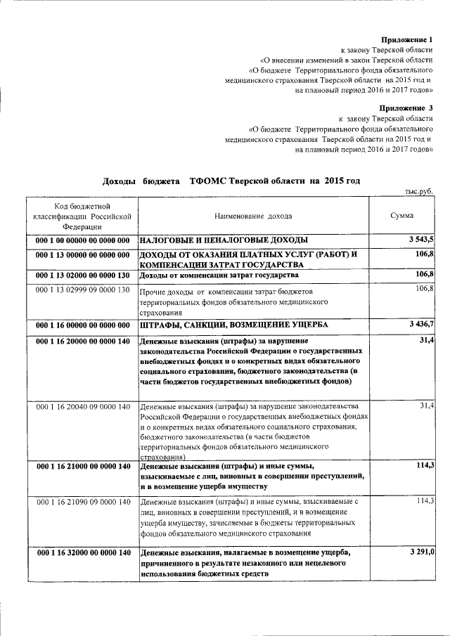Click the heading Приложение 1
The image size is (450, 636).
[407, 40]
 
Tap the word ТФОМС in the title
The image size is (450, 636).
[210, 181]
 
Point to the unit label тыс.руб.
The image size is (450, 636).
[420, 191]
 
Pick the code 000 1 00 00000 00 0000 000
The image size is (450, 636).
[82, 240]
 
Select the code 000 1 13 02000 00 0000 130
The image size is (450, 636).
[82, 275]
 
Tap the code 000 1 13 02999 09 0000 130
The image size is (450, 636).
[82, 290]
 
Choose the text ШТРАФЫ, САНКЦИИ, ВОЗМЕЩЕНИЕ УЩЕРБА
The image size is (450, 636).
[233, 324]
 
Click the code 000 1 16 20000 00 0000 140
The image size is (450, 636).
[82, 340]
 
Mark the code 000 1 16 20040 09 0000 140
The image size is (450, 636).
[82, 407]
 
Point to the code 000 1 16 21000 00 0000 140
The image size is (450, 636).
[82, 466]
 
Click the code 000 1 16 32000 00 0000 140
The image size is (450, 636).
[82, 553]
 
